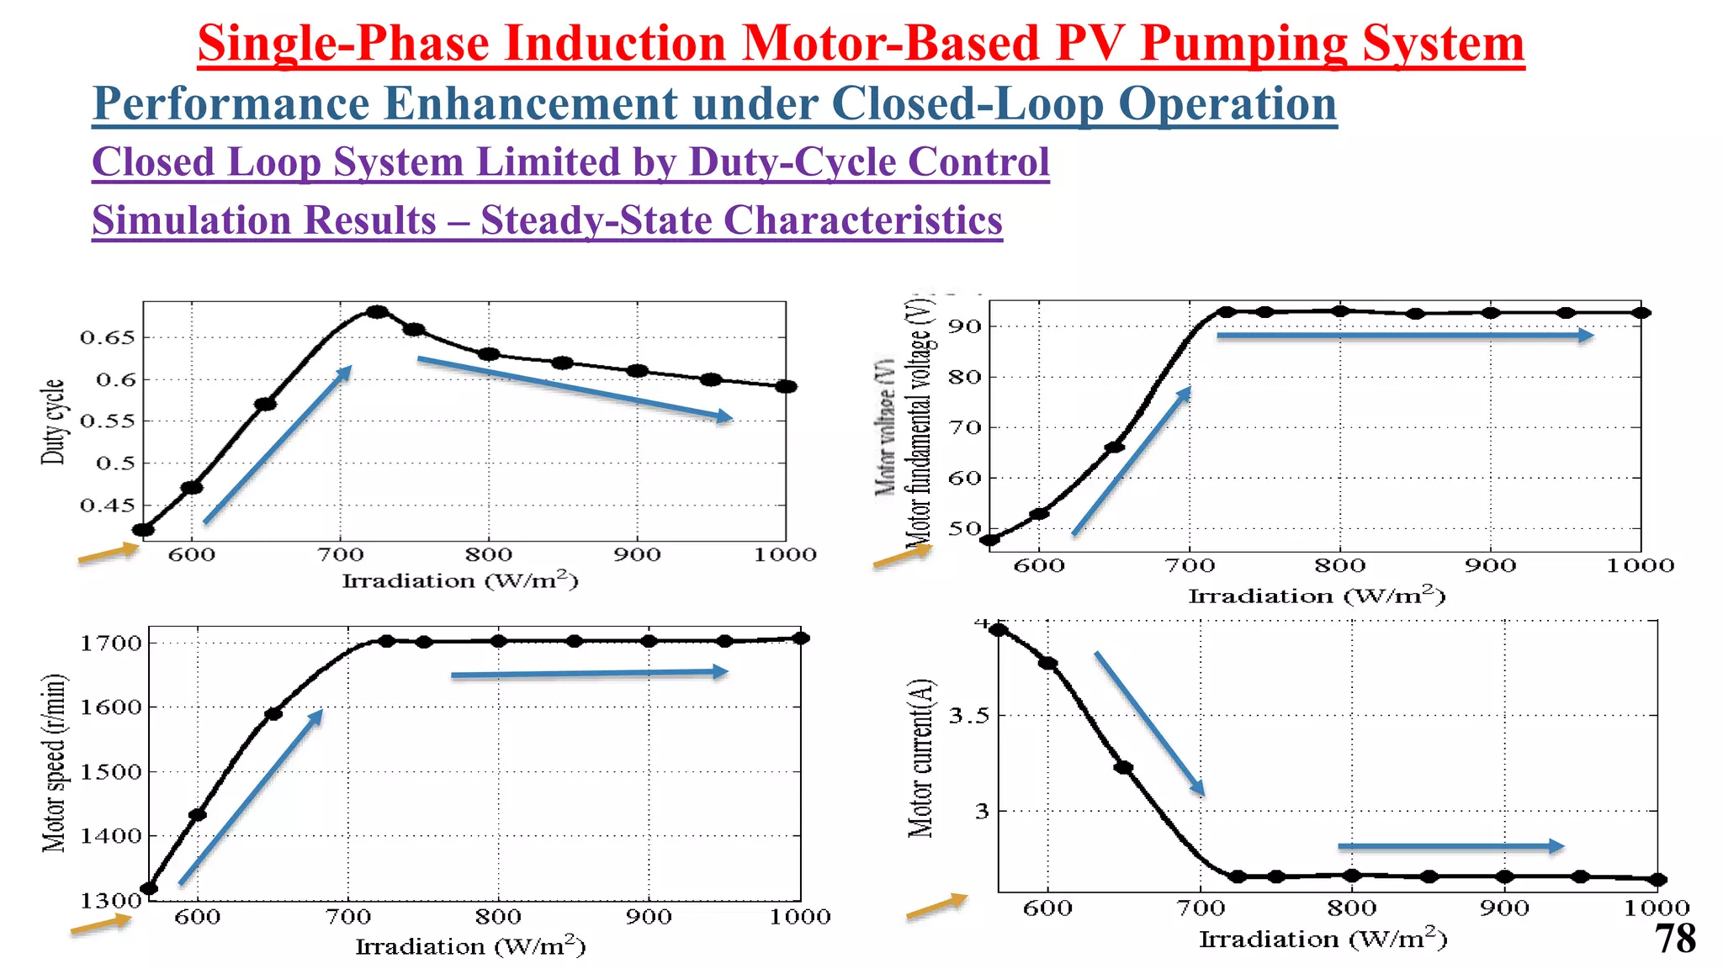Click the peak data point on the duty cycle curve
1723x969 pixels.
pyautogui.click(x=378, y=312)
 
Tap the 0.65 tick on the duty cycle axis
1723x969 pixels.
pyautogui.click(x=107, y=338)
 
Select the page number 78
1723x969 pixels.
pyautogui.click(x=1675, y=939)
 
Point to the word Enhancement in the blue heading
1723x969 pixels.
pyautogui.click(x=531, y=104)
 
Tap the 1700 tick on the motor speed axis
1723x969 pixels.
pyautogui.click(x=110, y=644)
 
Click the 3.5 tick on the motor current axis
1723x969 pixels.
pyautogui.click(x=969, y=717)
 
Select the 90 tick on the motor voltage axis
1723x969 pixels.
pyautogui.click(x=965, y=326)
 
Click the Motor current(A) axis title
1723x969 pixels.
pyautogui.click(x=921, y=757)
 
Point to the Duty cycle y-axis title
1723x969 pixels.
pyautogui.click(x=53, y=421)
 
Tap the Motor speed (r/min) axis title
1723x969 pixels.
pyautogui.click(x=54, y=763)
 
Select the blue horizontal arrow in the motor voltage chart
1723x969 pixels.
pyautogui.click(x=1404, y=336)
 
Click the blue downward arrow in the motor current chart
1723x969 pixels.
pyautogui.click(x=1149, y=724)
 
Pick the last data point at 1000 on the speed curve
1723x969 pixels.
pyautogui.click(x=801, y=638)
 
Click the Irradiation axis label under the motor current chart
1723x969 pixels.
pyautogui.click(x=1322, y=940)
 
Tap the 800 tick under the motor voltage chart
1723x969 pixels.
pyautogui.click(x=1339, y=566)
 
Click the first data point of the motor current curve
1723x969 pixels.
pyautogui.click(x=999, y=630)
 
